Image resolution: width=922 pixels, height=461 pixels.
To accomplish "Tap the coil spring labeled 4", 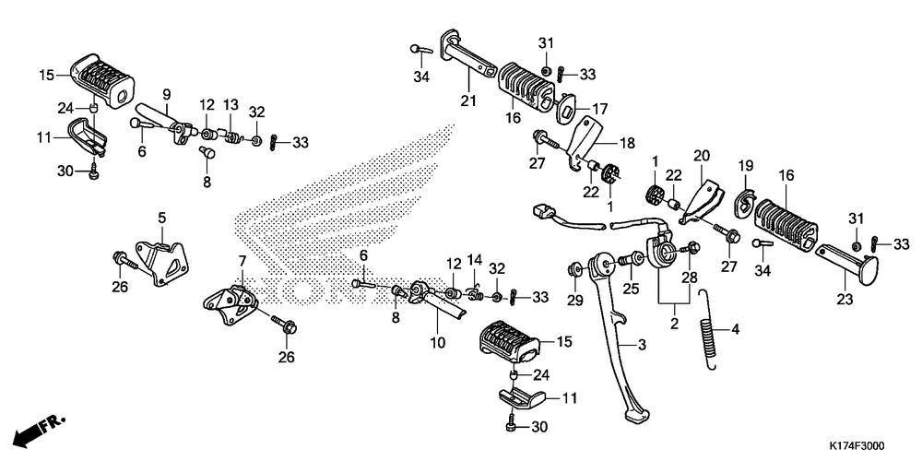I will point(709,328).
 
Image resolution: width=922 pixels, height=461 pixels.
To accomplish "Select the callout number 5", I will point(161,219).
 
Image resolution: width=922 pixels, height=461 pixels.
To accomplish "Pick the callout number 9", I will point(167,94).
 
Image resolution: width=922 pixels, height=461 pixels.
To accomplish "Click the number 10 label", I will point(437,342).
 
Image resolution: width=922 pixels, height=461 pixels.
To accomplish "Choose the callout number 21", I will point(468,101).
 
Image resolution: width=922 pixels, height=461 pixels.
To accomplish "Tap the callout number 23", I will point(846,299).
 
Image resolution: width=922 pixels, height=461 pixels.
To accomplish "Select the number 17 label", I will point(600,108).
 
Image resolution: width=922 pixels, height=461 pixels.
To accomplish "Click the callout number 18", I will point(627,143).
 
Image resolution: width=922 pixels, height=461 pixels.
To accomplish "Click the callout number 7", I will point(242,261).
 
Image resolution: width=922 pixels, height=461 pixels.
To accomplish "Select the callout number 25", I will point(632,290).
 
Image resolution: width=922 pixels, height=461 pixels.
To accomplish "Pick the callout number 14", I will point(476,259).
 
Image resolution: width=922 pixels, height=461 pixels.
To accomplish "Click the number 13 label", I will point(230,104).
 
